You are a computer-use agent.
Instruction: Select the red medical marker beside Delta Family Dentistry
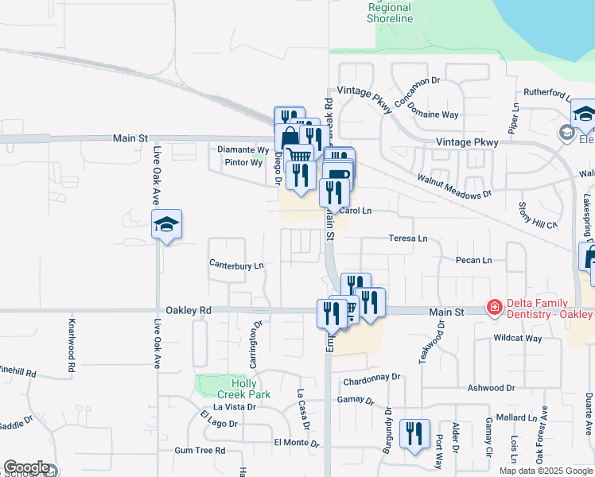(494, 307)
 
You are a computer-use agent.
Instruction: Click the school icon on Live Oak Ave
(167, 226)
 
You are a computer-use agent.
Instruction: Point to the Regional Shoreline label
(390, 13)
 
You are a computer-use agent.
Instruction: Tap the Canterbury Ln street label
(235, 265)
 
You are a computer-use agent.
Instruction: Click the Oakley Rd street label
(189, 310)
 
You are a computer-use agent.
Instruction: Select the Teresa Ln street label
(408, 238)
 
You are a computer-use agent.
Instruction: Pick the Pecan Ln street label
(474, 260)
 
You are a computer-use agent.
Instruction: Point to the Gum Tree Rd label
(200, 451)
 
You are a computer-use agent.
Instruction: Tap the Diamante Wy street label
(243, 149)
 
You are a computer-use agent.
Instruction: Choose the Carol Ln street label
(356, 211)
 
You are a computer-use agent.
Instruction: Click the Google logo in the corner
(26, 467)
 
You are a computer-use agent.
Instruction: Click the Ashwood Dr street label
(491, 388)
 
